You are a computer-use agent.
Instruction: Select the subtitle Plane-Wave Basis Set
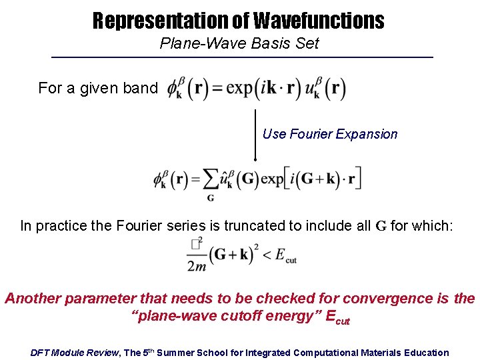(239, 44)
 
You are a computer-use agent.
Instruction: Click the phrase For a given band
(98, 88)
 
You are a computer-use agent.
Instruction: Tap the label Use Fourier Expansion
(330, 134)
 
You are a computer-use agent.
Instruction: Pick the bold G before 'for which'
(381, 226)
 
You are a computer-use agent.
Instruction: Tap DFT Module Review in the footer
(75, 352)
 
